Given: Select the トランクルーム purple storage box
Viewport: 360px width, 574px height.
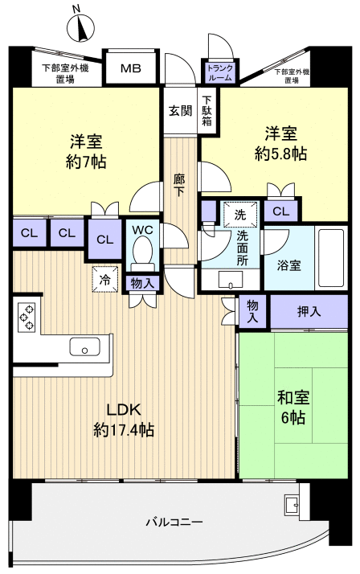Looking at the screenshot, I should click(219, 75).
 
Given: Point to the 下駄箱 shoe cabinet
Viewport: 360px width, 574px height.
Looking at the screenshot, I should click(207, 111).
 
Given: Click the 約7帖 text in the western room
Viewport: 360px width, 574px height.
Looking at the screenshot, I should click(86, 161).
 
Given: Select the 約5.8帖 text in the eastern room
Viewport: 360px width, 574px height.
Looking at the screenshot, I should click(282, 154).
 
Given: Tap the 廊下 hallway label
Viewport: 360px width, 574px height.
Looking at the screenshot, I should click(180, 186).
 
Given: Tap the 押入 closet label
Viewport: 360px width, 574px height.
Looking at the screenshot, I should click(309, 311).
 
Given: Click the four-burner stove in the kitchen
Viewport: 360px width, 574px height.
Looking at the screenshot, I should click(25, 317).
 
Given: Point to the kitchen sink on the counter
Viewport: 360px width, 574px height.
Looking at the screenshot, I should click(84, 347).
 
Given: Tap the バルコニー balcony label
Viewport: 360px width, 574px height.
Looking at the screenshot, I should click(174, 522).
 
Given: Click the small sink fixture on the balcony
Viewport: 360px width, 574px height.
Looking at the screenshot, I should click(290, 506).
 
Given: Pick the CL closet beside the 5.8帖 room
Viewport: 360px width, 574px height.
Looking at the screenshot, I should click(280, 212).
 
